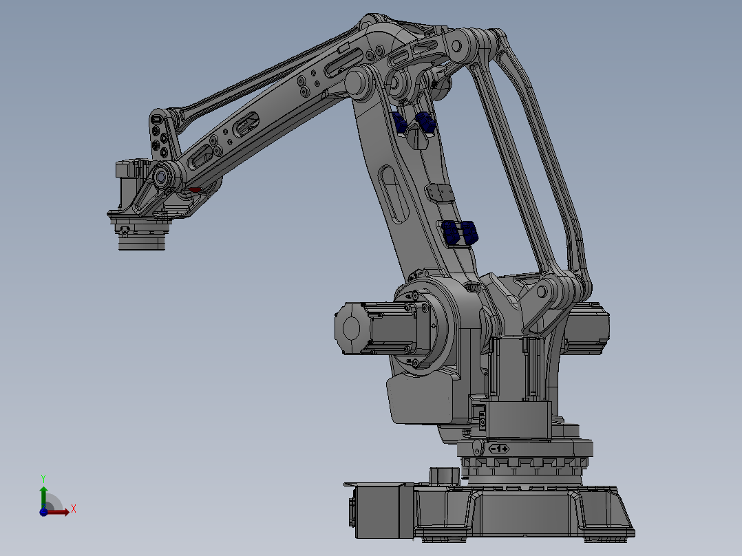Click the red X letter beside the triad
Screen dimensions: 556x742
[74, 509]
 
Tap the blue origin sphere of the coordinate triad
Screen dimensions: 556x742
[43, 512]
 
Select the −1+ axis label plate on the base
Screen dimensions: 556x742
[498, 449]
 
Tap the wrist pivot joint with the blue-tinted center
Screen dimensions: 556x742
[162, 177]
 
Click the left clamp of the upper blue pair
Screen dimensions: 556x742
[400, 122]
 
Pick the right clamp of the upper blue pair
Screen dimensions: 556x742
[425, 122]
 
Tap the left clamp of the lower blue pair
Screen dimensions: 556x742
[451, 233]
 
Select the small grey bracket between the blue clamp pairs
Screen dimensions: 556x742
[438, 193]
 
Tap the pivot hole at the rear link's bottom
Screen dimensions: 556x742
[542, 291]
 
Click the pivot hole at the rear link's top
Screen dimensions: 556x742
[454, 45]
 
